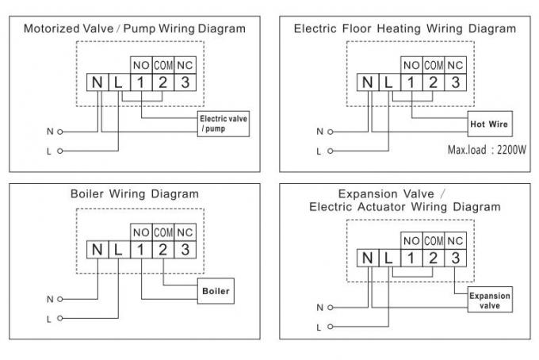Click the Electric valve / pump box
pos(223,124)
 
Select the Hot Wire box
pos(490,124)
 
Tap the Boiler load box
pos(216,291)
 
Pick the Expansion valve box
pos(490,300)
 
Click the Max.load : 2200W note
pos(487,150)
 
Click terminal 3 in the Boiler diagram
pos(185,250)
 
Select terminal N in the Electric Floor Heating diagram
pos(368,82)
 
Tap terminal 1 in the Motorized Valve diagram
pos(141,82)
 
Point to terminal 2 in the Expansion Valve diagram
pos(433,258)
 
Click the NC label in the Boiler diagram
pos(185,233)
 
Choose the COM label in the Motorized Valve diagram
pos(163,65)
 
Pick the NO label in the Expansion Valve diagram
pos(411,241)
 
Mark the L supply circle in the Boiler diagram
pos(59,319)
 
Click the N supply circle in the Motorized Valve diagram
pos(59,132)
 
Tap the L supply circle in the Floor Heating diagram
pos(331,151)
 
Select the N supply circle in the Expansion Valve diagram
pos(331,308)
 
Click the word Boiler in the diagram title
pos(86,194)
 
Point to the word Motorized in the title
pos(68,29)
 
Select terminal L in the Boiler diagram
pos(119,250)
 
